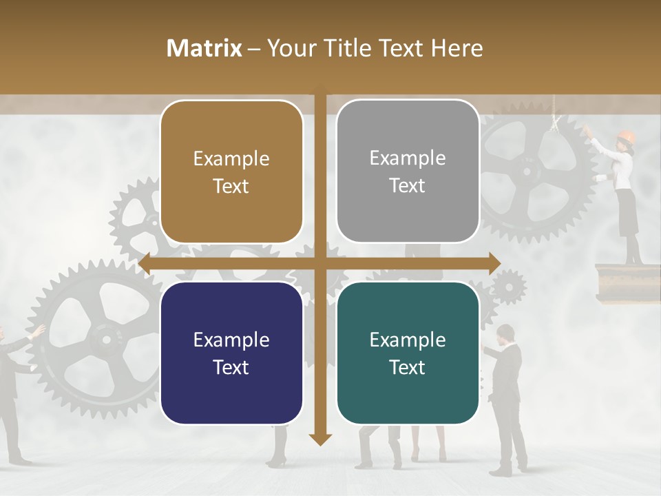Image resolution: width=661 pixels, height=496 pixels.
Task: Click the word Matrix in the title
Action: (x=204, y=48)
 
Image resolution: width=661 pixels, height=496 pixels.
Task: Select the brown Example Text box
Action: (x=231, y=172)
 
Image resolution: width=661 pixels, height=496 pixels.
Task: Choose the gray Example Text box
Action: (x=408, y=172)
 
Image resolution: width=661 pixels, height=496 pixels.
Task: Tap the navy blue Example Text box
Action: (x=231, y=353)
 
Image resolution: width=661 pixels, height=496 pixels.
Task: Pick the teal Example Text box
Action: (x=408, y=353)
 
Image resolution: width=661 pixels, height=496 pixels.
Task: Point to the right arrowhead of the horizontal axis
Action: (x=494, y=263)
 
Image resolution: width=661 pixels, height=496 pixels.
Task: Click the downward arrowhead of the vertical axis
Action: (x=320, y=439)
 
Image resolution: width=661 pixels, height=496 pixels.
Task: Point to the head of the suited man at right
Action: (x=505, y=334)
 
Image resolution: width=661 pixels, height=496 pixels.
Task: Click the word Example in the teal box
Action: (x=408, y=340)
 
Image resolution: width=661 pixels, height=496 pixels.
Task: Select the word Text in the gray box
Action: (x=408, y=185)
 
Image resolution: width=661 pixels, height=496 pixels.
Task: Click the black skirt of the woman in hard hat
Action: (x=627, y=211)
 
